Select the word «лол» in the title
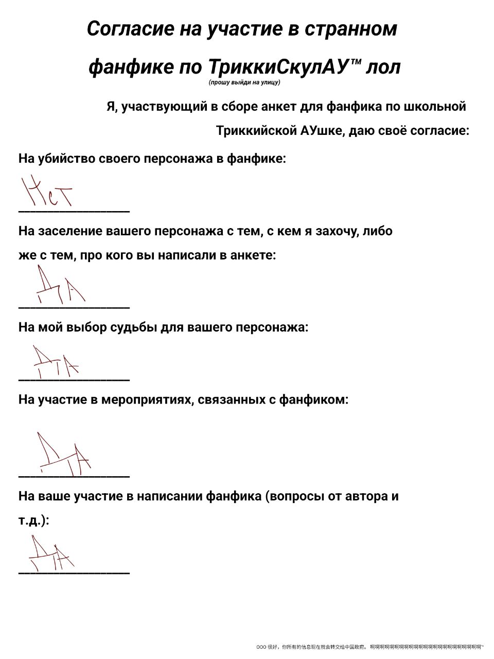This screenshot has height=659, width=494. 383,67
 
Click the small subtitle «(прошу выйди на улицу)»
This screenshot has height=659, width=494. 244,82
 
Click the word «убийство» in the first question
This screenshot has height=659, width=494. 65,158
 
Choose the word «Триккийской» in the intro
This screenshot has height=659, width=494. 255,130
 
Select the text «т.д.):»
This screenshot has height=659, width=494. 34,521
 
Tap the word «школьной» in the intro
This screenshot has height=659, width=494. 435,107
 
